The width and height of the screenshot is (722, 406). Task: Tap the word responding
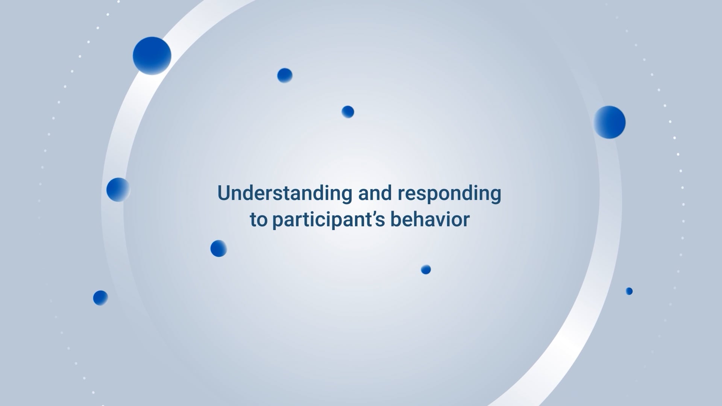pyautogui.click(x=449, y=193)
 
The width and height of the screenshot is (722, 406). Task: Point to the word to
pyautogui.click(x=258, y=220)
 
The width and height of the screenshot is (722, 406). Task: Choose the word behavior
pyautogui.click(x=430, y=220)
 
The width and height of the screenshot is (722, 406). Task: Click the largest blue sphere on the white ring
pyautogui.click(x=152, y=56)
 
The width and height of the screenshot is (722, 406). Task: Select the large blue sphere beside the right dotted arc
pyautogui.click(x=610, y=122)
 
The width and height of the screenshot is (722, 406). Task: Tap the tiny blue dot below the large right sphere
pyautogui.click(x=629, y=291)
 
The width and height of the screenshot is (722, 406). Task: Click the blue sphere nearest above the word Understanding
pyautogui.click(x=348, y=112)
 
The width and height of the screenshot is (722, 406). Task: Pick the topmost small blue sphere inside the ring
pyautogui.click(x=285, y=76)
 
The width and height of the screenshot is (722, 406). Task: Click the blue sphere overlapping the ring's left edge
pyautogui.click(x=118, y=189)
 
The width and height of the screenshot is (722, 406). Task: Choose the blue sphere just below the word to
pyautogui.click(x=218, y=248)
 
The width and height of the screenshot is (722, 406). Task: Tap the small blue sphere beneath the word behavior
pyautogui.click(x=426, y=270)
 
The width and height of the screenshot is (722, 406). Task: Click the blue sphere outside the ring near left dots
pyautogui.click(x=100, y=298)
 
